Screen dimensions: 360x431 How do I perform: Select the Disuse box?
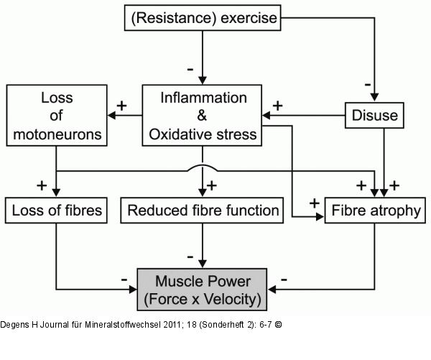(x=374, y=115)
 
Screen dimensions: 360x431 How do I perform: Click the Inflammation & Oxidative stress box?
(x=203, y=115)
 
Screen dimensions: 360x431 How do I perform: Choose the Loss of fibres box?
(x=57, y=211)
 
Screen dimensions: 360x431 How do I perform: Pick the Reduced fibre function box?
(x=203, y=211)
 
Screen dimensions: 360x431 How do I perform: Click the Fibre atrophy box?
(x=374, y=211)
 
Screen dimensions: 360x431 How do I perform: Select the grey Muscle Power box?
(x=203, y=288)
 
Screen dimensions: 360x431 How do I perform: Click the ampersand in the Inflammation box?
(x=203, y=115)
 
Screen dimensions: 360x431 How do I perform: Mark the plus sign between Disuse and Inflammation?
(x=277, y=105)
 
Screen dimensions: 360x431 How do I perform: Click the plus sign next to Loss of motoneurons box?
(x=121, y=105)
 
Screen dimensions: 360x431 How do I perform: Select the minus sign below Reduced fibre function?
(x=190, y=256)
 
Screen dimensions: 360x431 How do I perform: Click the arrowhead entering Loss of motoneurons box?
(x=111, y=115)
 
